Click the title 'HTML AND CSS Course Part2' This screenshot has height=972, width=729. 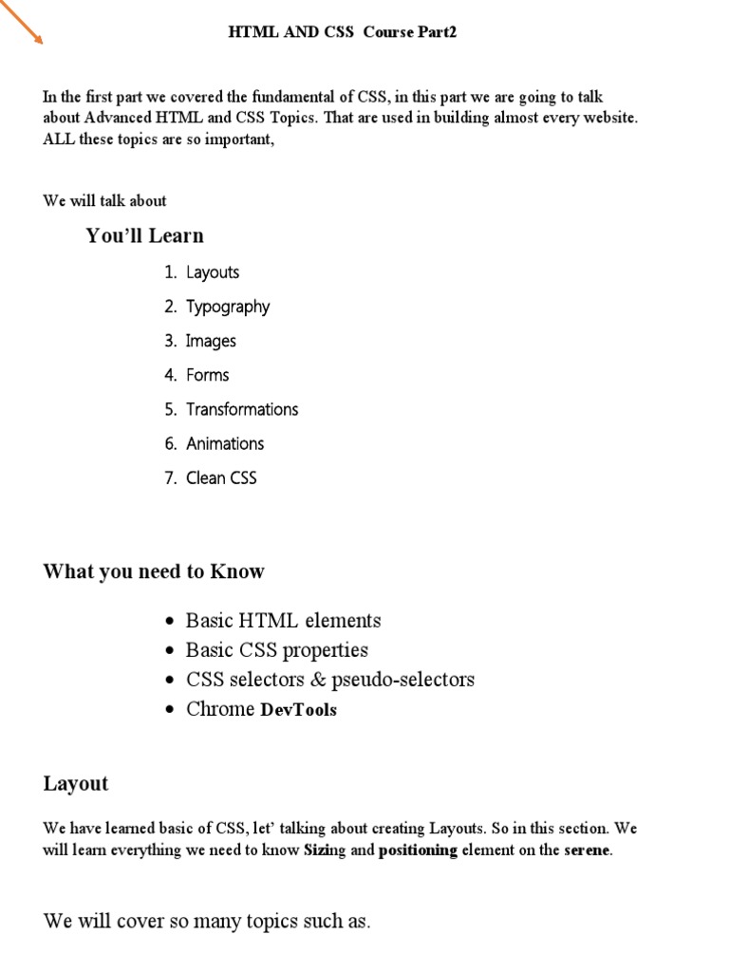[343, 31]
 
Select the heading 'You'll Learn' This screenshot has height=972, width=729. [144, 235]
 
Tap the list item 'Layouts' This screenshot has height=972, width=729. [213, 272]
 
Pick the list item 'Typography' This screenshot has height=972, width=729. [228, 307]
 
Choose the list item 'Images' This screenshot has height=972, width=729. [211, 341]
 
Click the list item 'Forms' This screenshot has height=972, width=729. [208, 375]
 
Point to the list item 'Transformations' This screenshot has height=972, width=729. [242, 409]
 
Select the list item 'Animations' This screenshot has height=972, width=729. [225, 443]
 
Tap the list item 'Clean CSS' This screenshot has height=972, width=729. [221, 477]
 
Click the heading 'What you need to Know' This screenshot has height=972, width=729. [154, 571]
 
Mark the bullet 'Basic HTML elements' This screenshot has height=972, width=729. [283, 621]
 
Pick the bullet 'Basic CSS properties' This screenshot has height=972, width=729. [276, 650]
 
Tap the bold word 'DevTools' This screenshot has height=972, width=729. [298, 710]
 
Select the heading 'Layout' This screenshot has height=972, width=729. [76, 783]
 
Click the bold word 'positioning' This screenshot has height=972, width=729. [418, 850]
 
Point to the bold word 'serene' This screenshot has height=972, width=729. [588, 850]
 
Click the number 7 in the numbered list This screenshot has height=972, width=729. [170, 477]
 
